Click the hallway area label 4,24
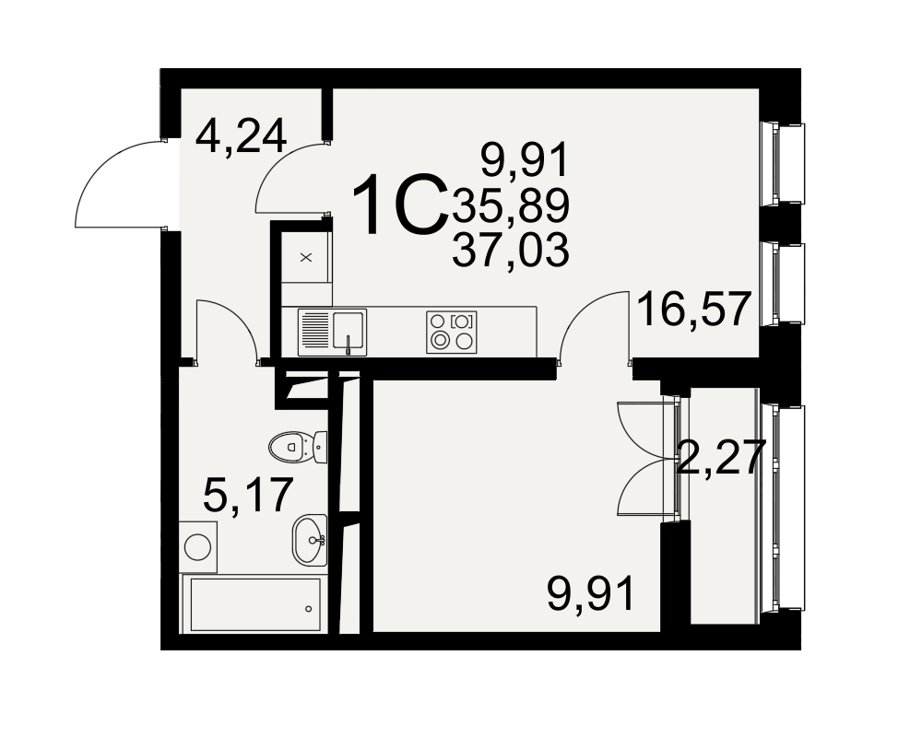[241, 136]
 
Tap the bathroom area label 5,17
[247, 495]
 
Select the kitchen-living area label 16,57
[694, 309]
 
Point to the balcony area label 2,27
[721, 457]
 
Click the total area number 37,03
[511, 250]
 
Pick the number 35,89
[511, 205]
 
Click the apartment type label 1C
[398, 205]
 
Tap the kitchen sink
[332, 332]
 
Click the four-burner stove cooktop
[452, 332]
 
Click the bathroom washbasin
[309, 540]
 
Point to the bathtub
[253, 604]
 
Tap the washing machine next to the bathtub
[199, 546]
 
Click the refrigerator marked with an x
[306, 257]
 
